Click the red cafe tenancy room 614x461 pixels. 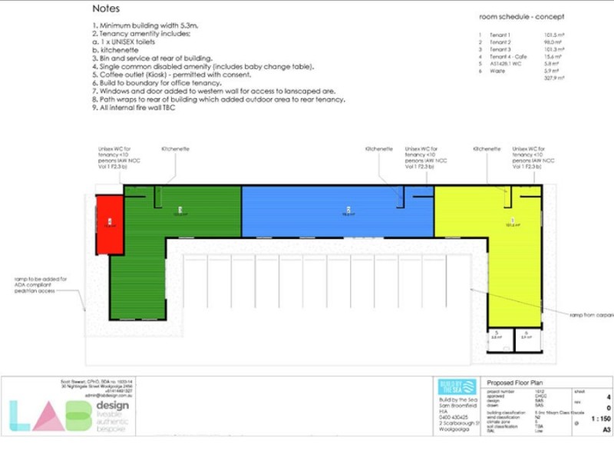[108, 224]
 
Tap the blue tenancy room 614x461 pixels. [338, 211]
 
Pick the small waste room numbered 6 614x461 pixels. [527, 337]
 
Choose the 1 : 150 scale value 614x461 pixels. [600, 418]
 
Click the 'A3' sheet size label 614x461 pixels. [606, 430]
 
